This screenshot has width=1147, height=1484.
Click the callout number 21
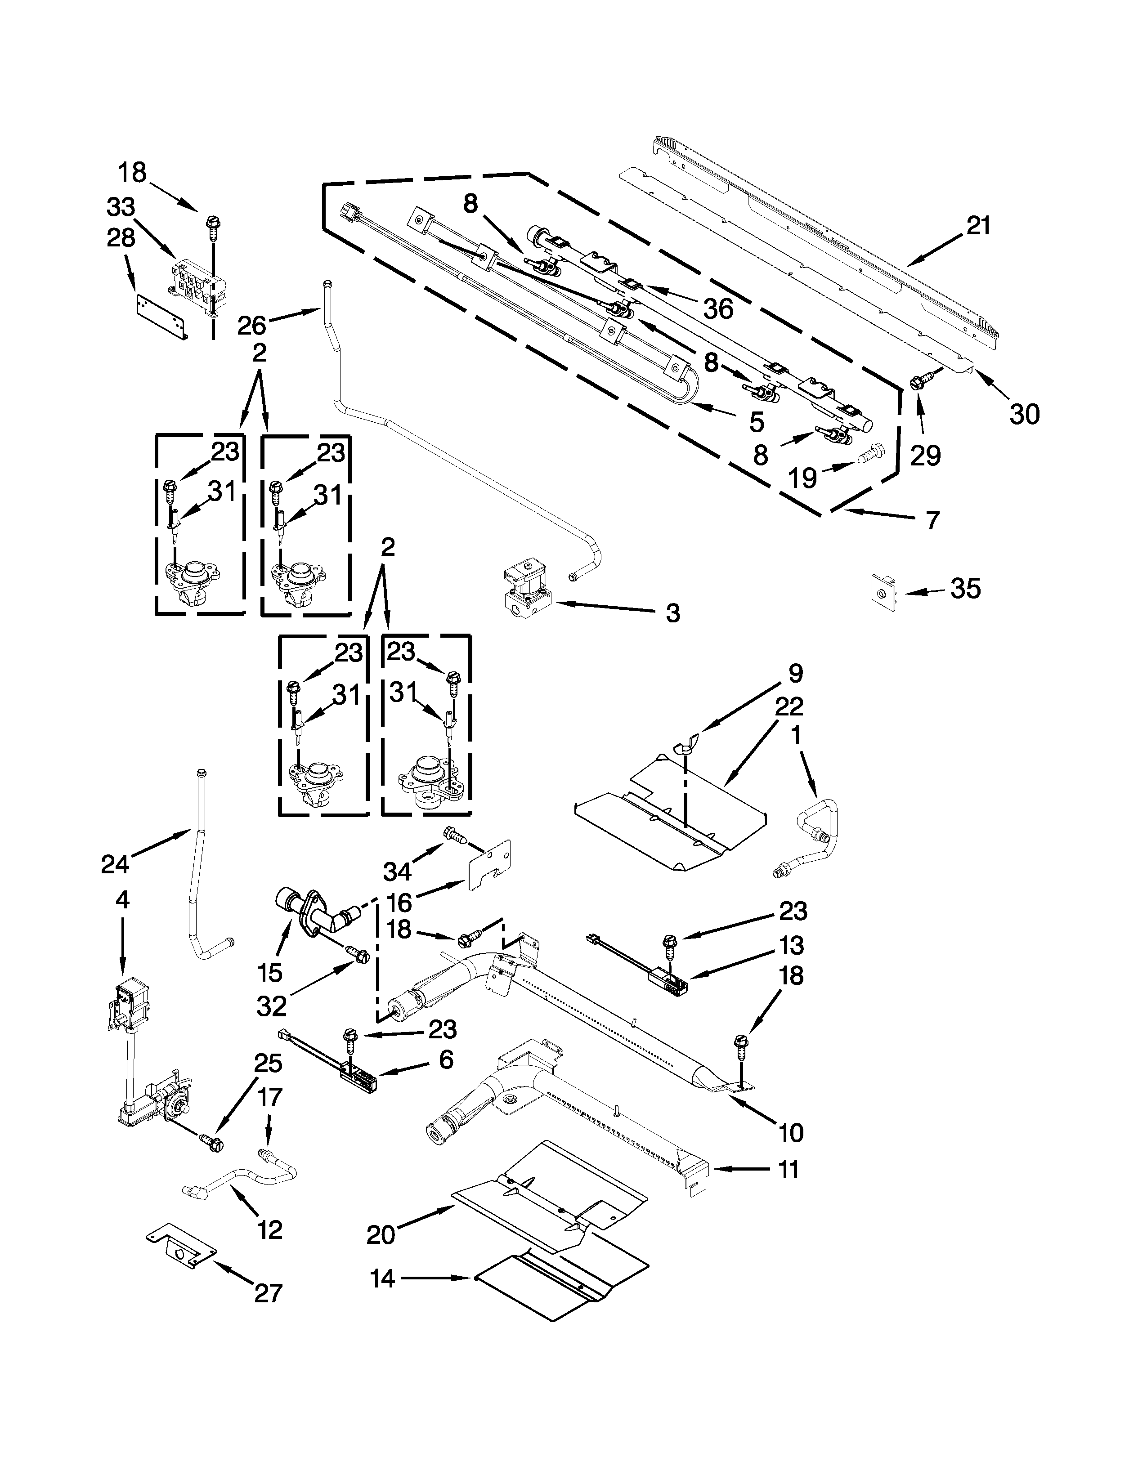click(978, 226)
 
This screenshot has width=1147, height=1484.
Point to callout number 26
click(251, 326)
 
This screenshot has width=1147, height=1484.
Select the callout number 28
click(121, 238)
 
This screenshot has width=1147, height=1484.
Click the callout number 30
click(1025, 413)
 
